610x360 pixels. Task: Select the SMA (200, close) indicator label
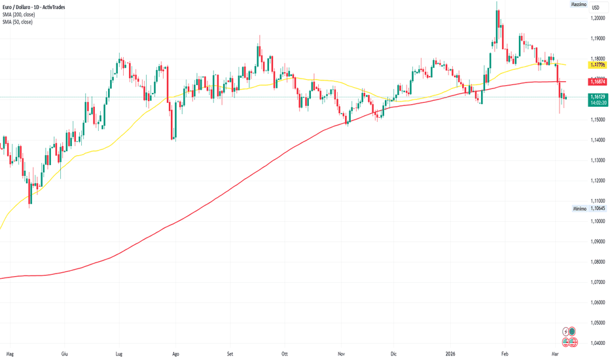18,14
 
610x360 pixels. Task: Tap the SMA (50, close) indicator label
17,22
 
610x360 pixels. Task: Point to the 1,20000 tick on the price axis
597,18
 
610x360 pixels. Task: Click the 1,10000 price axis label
597,221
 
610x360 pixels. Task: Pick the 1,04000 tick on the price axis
597,343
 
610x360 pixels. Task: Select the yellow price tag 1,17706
597,65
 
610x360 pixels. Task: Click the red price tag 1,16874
597,82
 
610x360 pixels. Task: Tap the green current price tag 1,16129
597,96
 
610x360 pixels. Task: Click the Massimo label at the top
578,5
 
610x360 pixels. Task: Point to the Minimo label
578,208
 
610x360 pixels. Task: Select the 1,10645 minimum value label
597,208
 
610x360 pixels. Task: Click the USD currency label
596,7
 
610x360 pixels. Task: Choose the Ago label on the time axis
175,353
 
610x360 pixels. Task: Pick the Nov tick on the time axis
341,353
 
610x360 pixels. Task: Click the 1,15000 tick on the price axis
597,120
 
